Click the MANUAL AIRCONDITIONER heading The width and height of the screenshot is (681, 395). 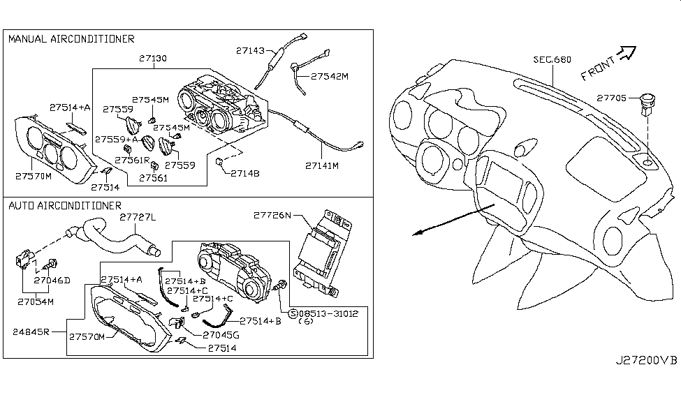(71, 39)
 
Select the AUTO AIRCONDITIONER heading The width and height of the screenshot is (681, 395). (65, 205)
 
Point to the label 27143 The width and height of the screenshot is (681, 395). (250, 50)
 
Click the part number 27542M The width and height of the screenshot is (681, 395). (329, 75)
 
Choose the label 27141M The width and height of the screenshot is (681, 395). (322, 166)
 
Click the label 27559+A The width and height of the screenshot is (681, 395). (117, 140)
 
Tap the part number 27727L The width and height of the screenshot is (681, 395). (138, 217)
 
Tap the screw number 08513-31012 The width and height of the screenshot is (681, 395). (328, 313)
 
